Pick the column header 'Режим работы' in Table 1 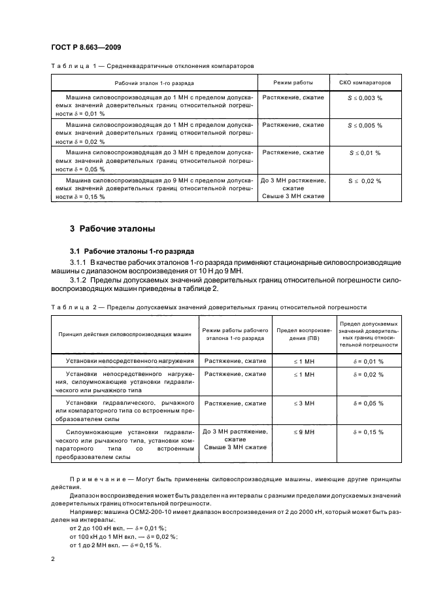coord(293,83)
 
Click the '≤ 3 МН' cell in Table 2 coord(305,403)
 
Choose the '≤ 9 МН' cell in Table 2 coord(305,432)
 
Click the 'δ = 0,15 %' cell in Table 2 coord(369,432)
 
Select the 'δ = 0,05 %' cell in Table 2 coord(369,403)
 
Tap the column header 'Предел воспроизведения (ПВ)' coord(305,334)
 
